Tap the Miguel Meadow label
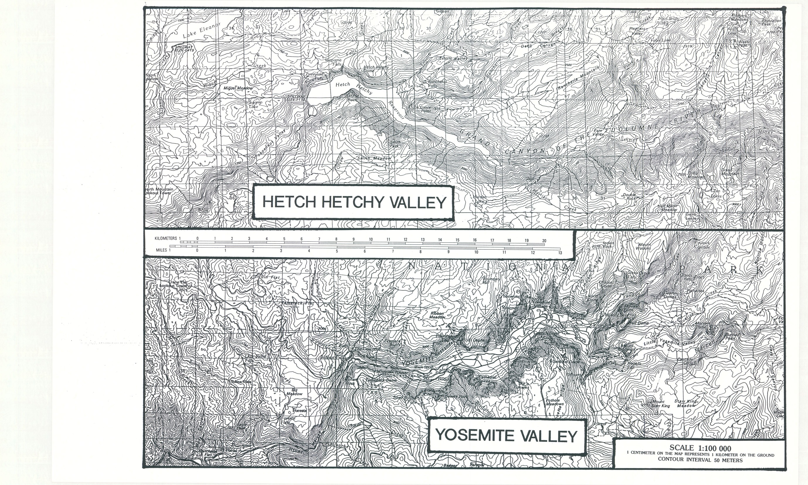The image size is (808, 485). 238,88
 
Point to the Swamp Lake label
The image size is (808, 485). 255,104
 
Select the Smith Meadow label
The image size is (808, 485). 374,158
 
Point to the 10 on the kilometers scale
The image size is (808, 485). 371,239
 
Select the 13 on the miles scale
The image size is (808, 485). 560,253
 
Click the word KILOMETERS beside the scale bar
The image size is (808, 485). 166,239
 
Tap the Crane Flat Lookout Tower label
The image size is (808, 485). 174,284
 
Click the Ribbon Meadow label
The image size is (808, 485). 437,315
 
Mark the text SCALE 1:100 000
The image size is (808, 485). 700,448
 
